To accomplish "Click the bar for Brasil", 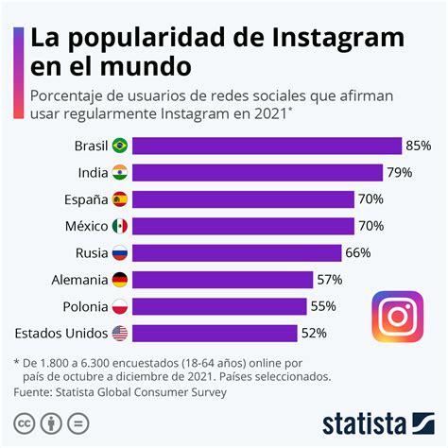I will coord(267,146).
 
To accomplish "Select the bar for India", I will coord(257,172).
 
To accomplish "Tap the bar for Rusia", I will coord(236,252).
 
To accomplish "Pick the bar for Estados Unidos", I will coord(215,333).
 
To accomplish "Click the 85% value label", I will coord(419,146).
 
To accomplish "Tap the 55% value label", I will coord(323,306).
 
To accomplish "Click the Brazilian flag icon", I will coord(120,146).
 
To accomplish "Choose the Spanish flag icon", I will coord(120,199).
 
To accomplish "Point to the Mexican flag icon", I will coord(120,226).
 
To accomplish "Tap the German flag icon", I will coord(120,280).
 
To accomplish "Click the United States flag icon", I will coord(120,333).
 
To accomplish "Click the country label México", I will coord(82,226).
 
